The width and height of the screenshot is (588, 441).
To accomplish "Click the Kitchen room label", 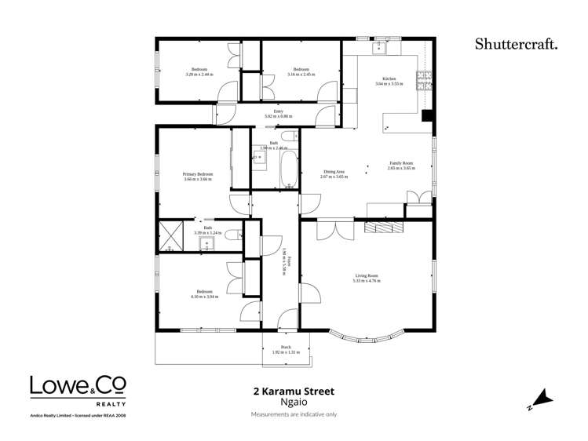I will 389,79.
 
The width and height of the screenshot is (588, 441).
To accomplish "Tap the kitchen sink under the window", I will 379,48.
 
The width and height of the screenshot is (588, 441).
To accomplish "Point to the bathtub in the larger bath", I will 288,167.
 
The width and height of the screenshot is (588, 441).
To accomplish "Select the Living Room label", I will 367,275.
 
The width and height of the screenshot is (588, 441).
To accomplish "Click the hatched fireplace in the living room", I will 384,227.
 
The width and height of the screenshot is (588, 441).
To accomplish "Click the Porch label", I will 286,348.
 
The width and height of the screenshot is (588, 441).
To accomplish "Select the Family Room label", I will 400,163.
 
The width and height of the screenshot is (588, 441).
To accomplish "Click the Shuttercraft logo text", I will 516,44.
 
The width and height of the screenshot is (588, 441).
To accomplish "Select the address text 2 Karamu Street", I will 293,390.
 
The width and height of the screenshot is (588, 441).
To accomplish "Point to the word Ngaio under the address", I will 293,403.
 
